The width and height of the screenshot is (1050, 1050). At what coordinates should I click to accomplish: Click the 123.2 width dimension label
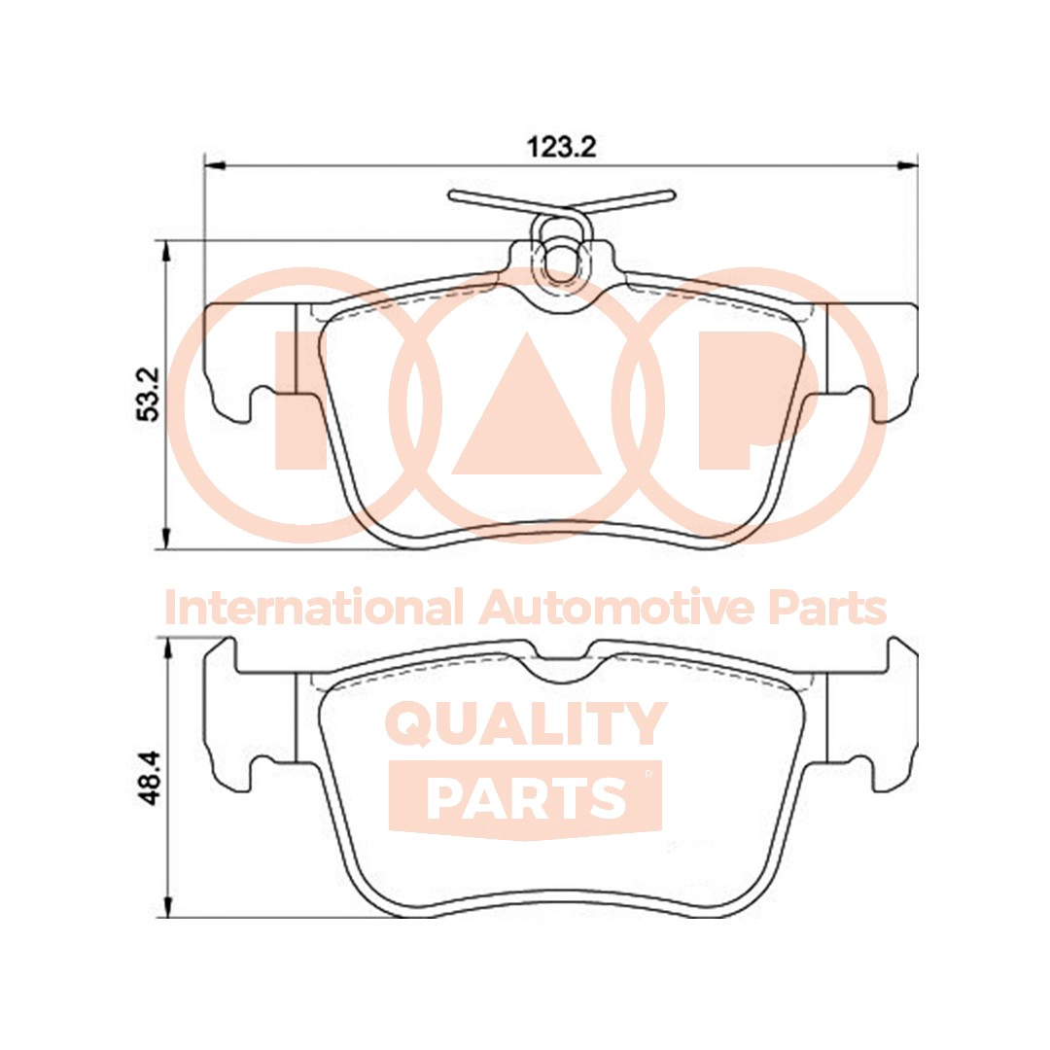(x=560, y=148)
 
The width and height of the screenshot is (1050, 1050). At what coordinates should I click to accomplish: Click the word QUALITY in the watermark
(x=526, y=725)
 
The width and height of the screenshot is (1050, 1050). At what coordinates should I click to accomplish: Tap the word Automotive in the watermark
(x=616, y=609)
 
